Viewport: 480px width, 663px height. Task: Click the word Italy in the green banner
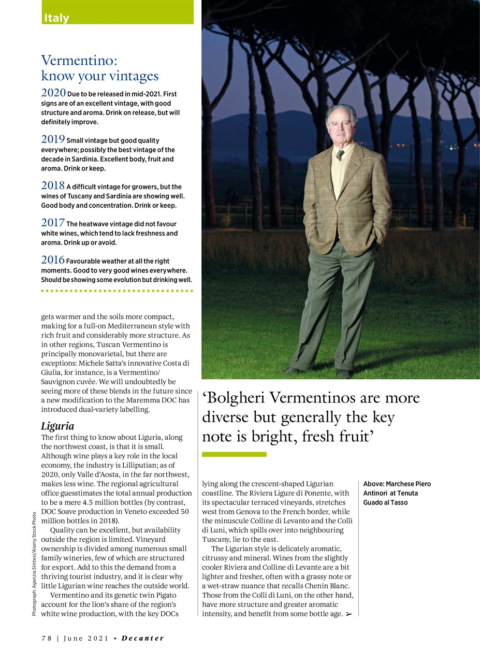click(x=56, y=18)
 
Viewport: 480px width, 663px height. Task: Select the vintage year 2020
click(x=53, y=93)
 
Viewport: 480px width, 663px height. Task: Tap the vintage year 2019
click(x=53, y=139)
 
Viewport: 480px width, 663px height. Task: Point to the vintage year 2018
click(x=53, y=186)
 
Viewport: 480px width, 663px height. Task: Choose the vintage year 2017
click(x=53, y=223)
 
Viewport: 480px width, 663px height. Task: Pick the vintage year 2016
click(x=53, y=260)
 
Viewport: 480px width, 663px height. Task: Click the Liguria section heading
click(x=57, y=426)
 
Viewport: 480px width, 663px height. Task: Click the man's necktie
click(x=340, y=154)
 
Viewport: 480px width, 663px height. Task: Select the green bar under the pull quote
click(x=234, y=454)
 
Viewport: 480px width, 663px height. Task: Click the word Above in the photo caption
click(x=373, y=484)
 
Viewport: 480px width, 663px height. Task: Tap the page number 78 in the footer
click(x=47, y=638)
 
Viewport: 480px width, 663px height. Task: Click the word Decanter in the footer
click(x=142, y=638)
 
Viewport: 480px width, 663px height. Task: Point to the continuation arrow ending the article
click(x=348, y=614)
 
